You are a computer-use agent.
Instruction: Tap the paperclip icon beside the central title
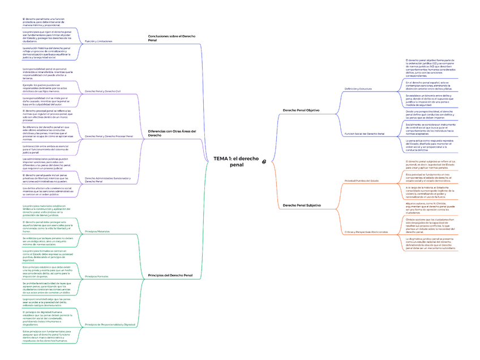point(264,162)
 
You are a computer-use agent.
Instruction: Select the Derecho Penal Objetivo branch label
point(301,110)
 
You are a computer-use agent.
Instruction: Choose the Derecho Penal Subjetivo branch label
point(302,205)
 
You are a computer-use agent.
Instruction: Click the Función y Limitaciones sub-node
point(98,41)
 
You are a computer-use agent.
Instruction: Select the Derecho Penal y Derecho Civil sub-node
point(103,91)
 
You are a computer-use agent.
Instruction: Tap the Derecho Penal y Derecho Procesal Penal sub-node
point(109,136)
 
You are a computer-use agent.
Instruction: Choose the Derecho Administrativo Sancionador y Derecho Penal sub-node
point(108,179)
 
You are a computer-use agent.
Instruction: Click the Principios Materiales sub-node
point(97,232)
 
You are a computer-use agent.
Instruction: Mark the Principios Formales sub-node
point(96,276)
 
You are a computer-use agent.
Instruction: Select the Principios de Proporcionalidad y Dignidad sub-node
point(110,324)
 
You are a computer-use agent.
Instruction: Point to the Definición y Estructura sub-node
point(358,89)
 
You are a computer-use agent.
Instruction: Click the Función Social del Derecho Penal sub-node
point(365,134)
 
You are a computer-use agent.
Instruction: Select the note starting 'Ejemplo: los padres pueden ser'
point(46,87)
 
